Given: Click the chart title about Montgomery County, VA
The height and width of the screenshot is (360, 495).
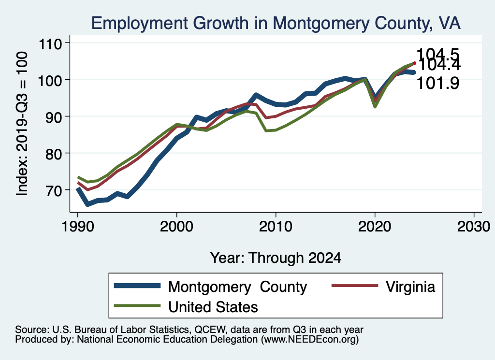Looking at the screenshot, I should coord(276,23).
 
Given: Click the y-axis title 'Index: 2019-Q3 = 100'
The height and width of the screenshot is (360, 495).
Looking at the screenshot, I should coord(22,124).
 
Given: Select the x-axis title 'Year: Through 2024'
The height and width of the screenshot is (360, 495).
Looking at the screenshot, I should coord(276,258).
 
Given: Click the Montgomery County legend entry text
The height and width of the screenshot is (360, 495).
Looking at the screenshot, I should coord(237,287).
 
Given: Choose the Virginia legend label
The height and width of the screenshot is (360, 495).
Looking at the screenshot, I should coord(410,287).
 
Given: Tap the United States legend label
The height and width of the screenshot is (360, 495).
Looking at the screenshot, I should coord(213,306).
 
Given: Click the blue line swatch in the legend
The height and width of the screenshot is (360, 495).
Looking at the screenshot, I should coord(137,286).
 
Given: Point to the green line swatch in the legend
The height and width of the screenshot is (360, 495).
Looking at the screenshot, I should coord(137,305).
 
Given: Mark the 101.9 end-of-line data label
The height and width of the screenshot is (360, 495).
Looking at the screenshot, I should coord(438,84).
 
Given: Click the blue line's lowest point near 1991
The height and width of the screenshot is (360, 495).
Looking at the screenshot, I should coord(87,204).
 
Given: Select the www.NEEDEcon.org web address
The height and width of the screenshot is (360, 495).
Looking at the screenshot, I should coord(309,340).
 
